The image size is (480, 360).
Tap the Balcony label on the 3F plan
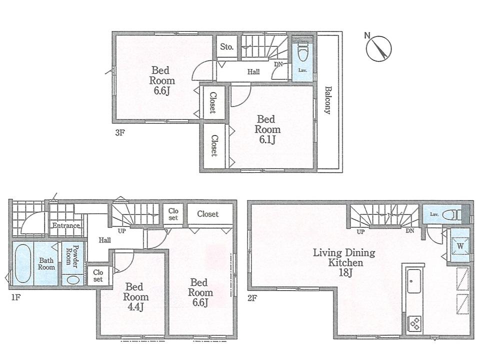click(x=328, y=100)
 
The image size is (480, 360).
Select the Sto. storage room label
click(x=226, y=47)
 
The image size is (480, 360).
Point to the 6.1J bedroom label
click(x=267, y=129)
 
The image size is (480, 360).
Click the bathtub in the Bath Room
click(x=21, y=262)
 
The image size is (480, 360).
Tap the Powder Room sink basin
click(x=72, y=279)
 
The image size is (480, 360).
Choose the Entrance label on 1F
click(x=66, y=225)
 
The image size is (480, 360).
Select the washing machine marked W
click(x=460, y=246)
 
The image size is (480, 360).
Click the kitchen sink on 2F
click(x=414, y=281)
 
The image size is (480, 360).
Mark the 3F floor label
click(x=119, y=133)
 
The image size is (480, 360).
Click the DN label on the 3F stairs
click(x=278, y=64)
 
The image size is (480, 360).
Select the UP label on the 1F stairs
click(x=121, y=231)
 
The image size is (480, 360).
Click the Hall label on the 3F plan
click(x=253, y=72)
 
